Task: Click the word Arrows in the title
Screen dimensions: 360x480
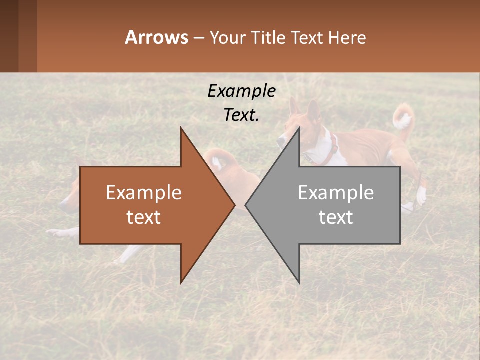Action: pos(156,37)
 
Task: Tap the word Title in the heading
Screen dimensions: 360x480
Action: pos(268,37)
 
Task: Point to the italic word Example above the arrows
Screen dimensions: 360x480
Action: pos(241,91)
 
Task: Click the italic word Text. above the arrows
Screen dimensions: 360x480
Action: pos(241,115)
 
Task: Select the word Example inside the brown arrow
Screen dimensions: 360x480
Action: pos(143,193)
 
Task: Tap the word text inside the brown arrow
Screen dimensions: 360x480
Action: pos(143,217)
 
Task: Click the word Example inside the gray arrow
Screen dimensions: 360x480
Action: pos(336,193)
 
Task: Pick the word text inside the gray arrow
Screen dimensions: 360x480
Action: pos(336,217)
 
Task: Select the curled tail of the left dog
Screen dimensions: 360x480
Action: pos(220,160)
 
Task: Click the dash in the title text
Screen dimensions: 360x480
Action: pos(198,38)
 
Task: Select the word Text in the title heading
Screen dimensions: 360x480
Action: pos(307,37)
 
